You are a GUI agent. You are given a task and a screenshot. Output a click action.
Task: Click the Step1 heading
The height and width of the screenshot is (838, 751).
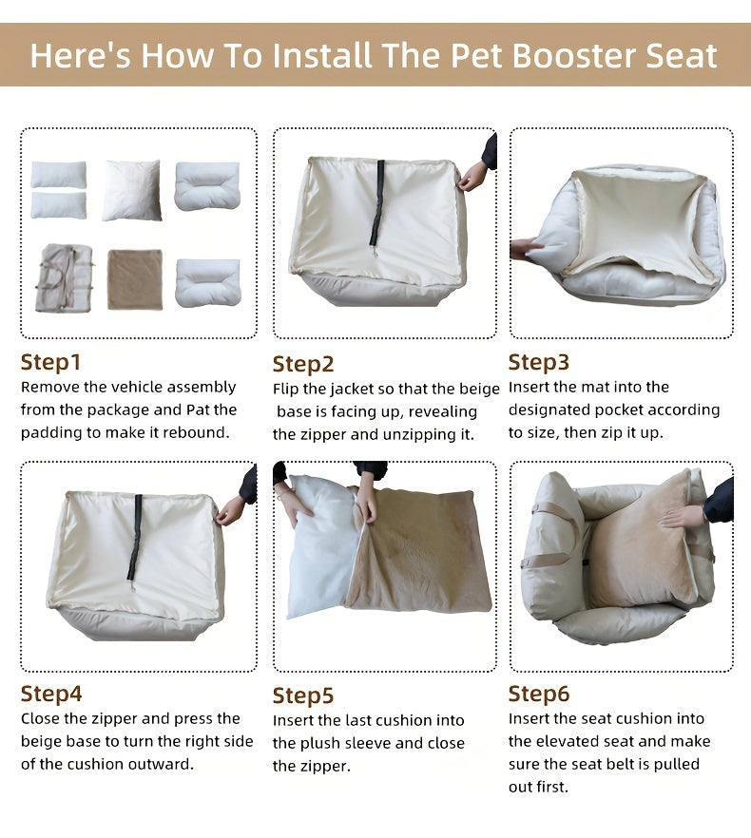tap(51, 362)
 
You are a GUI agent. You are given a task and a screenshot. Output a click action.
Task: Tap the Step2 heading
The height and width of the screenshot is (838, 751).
tap(303, 364)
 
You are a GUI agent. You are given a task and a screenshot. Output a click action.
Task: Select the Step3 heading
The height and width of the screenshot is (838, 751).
tap(539, 362)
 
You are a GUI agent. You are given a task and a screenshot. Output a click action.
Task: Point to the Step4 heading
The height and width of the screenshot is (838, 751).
tap(51, 694)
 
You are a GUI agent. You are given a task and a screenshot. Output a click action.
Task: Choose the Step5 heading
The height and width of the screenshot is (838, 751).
tap(303, 695)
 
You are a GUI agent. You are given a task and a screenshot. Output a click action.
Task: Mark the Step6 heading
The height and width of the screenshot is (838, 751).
tap(539, 694)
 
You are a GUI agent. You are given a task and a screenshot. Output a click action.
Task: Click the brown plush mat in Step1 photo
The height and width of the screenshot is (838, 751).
tap(134, 279)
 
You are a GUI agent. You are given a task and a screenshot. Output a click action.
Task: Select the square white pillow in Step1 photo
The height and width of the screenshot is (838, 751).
tap(131, 190)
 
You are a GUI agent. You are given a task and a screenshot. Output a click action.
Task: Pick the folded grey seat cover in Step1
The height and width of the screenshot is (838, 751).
tap(65, 278)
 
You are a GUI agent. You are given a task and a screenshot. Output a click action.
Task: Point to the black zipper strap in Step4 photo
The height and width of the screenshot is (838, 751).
tap(136, 536)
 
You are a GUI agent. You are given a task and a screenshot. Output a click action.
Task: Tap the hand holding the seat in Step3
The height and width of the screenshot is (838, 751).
tap(525, 249)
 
